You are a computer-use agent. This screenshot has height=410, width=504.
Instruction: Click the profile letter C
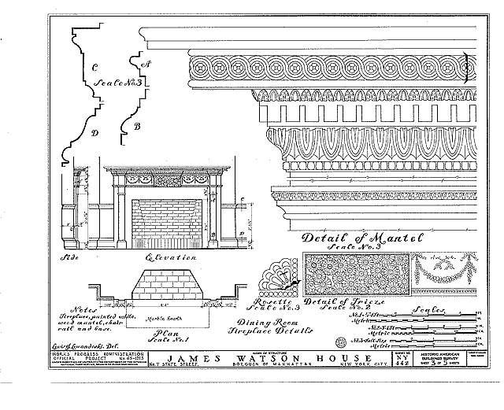[x=95, y=66]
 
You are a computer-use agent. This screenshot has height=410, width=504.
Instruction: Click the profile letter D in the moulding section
[x=94, y=133]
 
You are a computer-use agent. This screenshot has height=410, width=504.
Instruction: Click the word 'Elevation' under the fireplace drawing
[x=171, y=257]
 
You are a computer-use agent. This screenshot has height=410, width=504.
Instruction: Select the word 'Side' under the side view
[x=74, y=257]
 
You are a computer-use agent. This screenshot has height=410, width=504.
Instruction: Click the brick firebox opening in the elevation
[x=168, y=223]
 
